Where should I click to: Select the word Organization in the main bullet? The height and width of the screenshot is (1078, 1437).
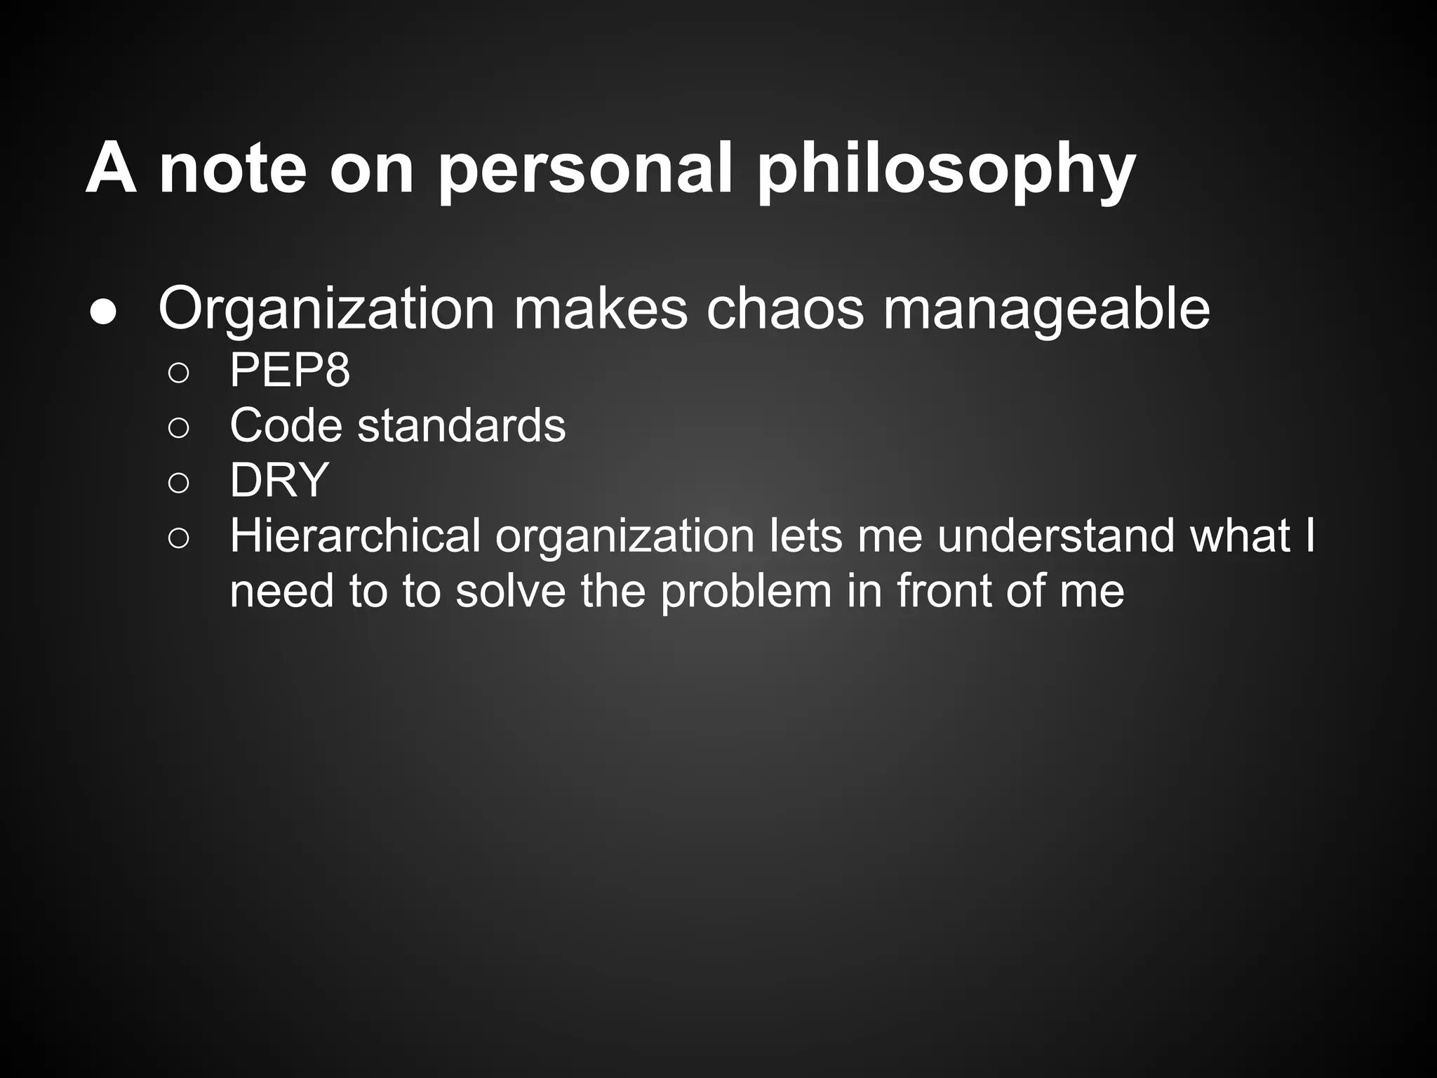(327, 309)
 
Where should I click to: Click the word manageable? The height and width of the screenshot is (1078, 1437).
(1045, 309)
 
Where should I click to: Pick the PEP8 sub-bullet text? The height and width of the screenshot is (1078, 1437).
(289, 370)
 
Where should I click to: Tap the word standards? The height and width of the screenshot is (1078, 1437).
(461, 425)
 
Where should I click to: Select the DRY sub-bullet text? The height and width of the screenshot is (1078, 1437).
(279, 480)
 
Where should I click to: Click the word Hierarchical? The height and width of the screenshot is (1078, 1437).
(355, 536)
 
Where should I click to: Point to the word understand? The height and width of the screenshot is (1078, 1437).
(1055, 536)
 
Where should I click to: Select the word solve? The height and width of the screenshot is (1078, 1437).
(510, 591)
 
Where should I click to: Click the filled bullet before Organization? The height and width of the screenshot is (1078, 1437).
(103, 314)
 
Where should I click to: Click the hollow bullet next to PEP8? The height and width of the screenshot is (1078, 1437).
(178, 373)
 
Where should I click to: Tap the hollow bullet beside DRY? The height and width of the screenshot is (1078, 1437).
(178, 483)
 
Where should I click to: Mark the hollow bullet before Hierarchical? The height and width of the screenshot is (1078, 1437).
(178, 538)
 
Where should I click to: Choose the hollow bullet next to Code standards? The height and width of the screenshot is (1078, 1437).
(178, 428)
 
